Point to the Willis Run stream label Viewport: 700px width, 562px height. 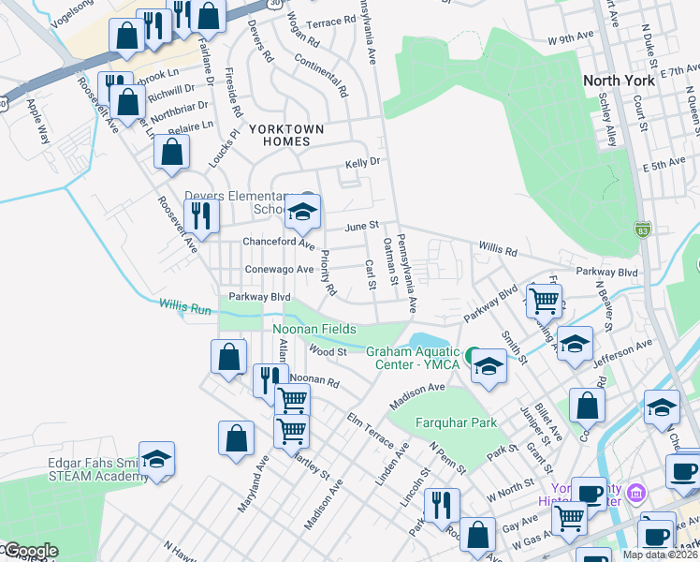tap(185, 305)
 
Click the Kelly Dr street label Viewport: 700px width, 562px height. tap(362, 162)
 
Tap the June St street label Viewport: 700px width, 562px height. tap(361, 226)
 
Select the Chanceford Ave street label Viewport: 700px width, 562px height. tap(278, 242)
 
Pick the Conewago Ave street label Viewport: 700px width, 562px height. tap(278, 269)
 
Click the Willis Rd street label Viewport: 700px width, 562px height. tap(498, 251)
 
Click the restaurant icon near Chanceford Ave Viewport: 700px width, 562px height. tap(201, 215)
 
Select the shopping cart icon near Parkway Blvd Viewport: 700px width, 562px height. tap(543, 300)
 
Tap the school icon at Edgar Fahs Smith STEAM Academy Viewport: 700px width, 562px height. tap(157, 460)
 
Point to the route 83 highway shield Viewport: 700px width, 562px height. tap(641, 229)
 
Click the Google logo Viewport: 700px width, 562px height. tap(30, 551)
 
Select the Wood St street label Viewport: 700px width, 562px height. tap(328, 352)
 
